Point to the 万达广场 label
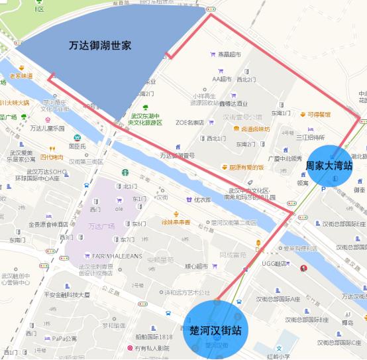[101, 226]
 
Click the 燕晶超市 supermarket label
[229, 54]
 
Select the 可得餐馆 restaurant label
[318, 114]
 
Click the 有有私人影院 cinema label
[153, 348]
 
